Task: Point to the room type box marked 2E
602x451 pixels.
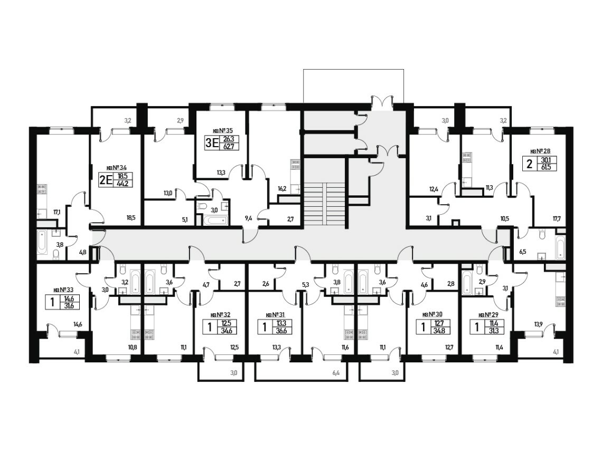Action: click(x=106, y=180)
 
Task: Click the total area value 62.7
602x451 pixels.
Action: click(x=229, y=147)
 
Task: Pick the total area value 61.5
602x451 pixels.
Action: click(x=549, y=167)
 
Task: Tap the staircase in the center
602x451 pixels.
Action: click(x=325, y=205)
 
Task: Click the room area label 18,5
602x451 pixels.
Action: click(x=131, y=217)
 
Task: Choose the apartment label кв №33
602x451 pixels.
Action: click(x=63, y=290)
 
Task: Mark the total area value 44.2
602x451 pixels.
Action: click(x=123, y=184)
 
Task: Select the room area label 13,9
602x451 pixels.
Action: click(x=538, y=324)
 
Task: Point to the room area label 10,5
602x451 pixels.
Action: click(x=504, y=218)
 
